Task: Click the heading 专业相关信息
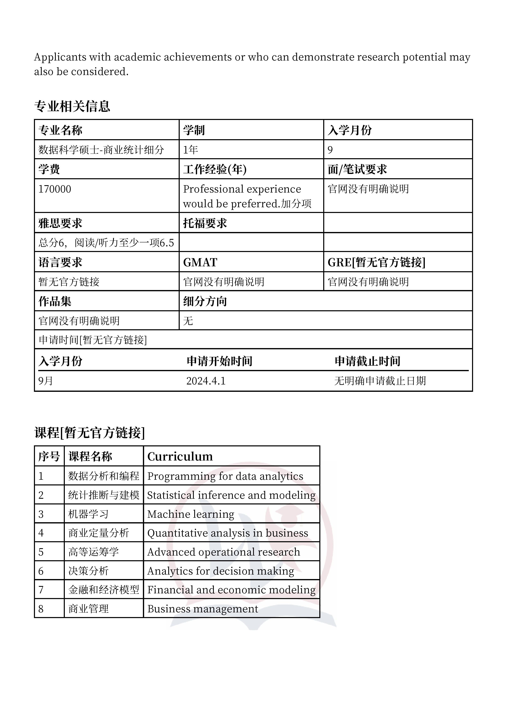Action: (x=72, y=106)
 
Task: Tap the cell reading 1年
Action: (x=191, y=150)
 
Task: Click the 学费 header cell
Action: (x=49, y=169)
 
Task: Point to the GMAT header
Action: (x=200, y=262)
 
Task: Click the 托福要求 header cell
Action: (x=205, y=223)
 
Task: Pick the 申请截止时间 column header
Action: (x=367, y=361)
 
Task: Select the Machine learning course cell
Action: (x=191, y=514)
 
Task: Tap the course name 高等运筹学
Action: (x=93, y=552)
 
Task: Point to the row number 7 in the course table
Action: (x=41, y=590)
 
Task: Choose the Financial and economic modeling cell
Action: (x=231, y=590)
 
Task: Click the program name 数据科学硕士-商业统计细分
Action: (x=101, y=150)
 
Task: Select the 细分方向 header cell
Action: (x=205, y=301)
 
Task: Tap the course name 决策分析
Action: (x=88, y=571)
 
